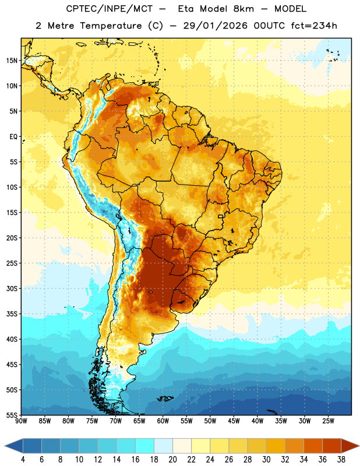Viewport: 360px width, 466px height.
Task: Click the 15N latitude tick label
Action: click(x=12, y=61)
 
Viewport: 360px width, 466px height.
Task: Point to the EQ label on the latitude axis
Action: click(x=13, y=137)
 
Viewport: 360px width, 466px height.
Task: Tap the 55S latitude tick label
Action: click(x=12, y=415)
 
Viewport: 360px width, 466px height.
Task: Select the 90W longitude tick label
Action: click(x=21, y=421)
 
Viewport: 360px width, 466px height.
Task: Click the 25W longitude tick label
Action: click(x=328, y=421)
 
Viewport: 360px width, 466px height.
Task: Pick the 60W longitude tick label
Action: click(x=163, y=421)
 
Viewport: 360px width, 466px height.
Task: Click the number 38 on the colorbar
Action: click(x=341, y=460)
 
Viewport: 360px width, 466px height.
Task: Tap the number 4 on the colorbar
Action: click(x=23, y=460)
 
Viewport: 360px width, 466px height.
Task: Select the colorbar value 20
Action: click(x=172, y=460)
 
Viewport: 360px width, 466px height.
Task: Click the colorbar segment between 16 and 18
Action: click(x=145, y=446)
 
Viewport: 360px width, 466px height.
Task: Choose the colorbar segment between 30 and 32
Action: click(x=276, y=446)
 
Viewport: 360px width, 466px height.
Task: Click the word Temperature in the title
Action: click(x=111, y=26)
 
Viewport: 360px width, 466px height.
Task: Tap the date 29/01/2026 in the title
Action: click(x=215, y=26)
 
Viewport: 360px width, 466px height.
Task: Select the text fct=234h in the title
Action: click(x=314, y=26)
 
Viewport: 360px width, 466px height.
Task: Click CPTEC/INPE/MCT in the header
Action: click(x=109, y=9)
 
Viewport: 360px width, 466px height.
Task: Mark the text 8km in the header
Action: click(x=243, y=9)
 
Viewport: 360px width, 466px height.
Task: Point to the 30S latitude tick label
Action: click(x=12, y=288)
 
